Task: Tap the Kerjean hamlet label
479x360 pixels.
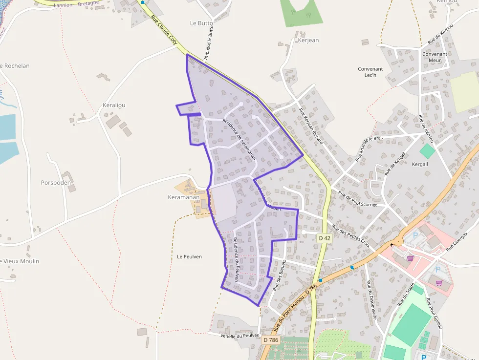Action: [x=308, y=41]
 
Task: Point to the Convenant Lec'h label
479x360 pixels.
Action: [x=370, y=72]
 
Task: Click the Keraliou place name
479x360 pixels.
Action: [x=114, y=105]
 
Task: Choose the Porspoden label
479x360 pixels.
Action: [x=56, y=183]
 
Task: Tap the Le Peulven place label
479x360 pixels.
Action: [x=189, y=256]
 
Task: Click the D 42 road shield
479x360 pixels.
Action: [x=324, y=238]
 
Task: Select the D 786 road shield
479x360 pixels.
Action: [x=270, y=339]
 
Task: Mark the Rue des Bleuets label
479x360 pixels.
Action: [x=279, y=276]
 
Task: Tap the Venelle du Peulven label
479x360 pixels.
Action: [x=239, y=336]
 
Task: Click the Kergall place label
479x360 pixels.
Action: [x=420, y=164]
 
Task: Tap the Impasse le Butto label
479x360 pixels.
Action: [x=209, y=42]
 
